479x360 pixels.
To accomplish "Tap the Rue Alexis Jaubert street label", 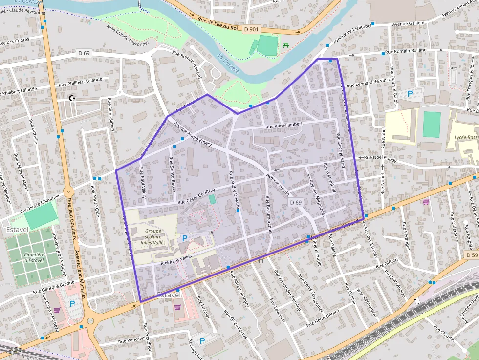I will [284, 126].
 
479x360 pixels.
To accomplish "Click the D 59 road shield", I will [471, 255].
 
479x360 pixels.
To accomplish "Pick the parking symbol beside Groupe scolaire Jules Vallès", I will [184, 238].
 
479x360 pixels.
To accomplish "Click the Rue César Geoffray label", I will [196, 198].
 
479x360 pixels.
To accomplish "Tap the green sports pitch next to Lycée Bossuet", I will [432, 125].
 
